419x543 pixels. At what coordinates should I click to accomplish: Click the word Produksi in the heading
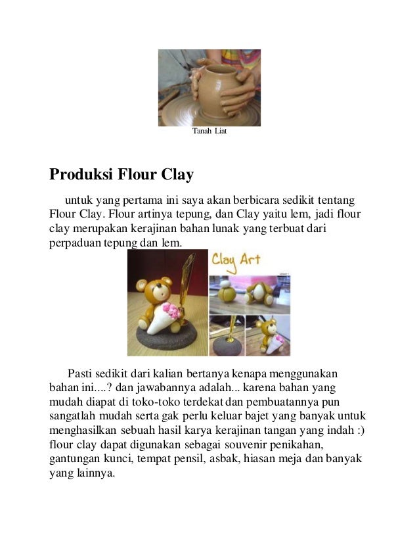(x=81, y=176)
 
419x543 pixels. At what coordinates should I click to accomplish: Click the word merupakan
(x=100, y=229)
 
